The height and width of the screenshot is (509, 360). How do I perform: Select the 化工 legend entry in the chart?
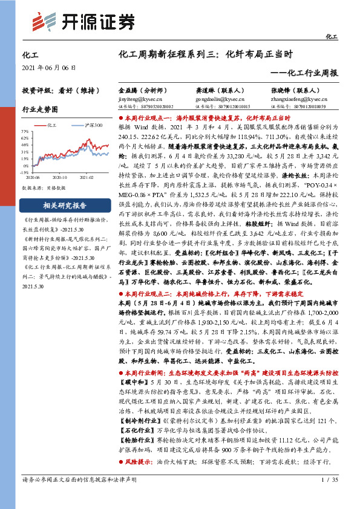[51, 125]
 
